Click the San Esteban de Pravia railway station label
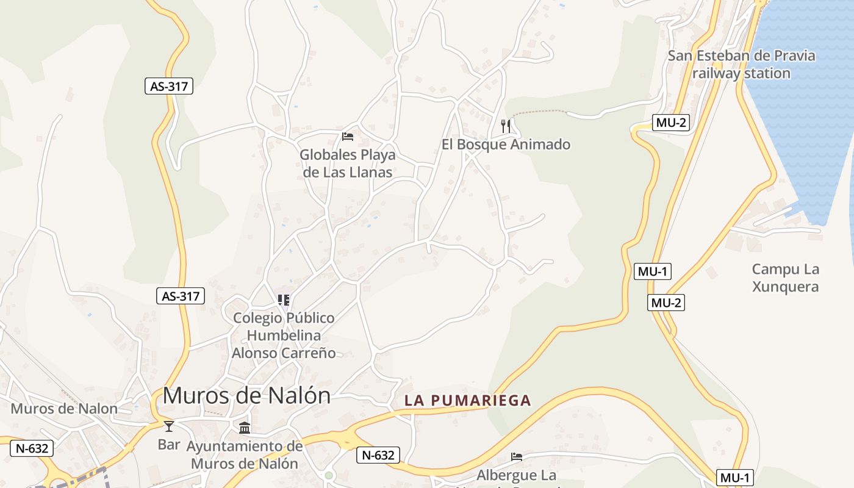point(741,64)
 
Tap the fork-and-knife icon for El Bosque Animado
point(505,126)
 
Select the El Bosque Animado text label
point(506,145)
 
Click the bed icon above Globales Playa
point(348,136)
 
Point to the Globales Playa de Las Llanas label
point(348,163)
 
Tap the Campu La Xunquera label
point(785,278)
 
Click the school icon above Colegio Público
point(283,300)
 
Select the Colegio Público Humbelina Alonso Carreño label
point(284,335)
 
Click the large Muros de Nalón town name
point(246,395)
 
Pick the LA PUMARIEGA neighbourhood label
point(468,401)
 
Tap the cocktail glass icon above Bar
point(169,426)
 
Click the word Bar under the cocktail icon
point(169,444)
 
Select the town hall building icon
point(245,428)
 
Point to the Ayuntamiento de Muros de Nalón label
point(245,454)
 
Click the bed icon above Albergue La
point(517,456)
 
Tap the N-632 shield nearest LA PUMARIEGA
point(378,454)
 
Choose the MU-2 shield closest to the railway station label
point(671,123)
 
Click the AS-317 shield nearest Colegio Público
point(180,296)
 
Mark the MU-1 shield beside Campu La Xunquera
point(653,271)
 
